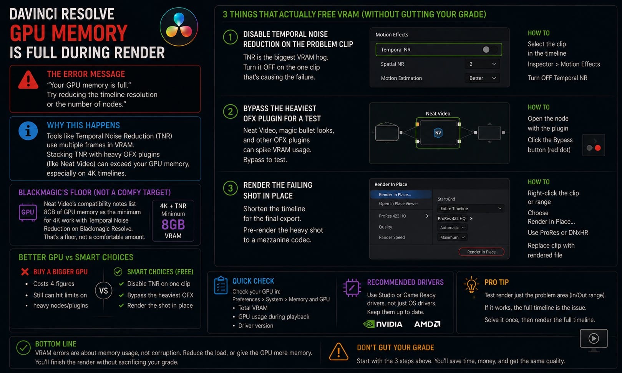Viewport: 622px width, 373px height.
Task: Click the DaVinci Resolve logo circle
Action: pyautogui.click(x=179, y=26)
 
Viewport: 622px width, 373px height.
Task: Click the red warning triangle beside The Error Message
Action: pyautogui.click(x=28, y=80)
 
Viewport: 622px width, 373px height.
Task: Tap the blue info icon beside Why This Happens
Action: pyautogui.click(x=28, y=131)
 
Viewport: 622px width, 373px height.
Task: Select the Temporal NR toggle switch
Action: pyautogui.click(x=489, y=50)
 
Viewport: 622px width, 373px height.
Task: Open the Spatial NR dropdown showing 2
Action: pyautogui.click(x=482, y=64)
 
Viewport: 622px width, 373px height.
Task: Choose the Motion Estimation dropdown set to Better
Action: pyautogui.click(x=482, y=78)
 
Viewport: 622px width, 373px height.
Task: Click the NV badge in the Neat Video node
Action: pyautogui.click(x=438, y=133)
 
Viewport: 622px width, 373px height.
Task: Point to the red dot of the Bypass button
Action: pyautogui.click(x=598, y=148)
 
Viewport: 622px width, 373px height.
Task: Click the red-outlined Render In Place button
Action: pyautogui.click(x=481, y=252)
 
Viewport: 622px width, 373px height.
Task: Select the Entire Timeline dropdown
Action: pyautogui.click(x=470, y=208)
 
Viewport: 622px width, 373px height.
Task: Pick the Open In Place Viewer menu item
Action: pyautogui.click(x=398, y=203)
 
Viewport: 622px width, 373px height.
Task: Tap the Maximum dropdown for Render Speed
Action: pyautogui.click(x=452, y=238)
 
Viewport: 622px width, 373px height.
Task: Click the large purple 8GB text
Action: pyautogui.click(x=173, y=224)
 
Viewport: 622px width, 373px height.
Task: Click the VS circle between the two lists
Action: pyautogui.click(x=104, y=290)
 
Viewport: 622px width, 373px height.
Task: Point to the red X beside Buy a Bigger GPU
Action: pyautogui.click(x=25, y=272)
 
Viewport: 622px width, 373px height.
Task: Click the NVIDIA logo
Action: pyautogui.click(x=383, y=324)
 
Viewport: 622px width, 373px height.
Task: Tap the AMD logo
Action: pyautogui.click(x=427, y=324)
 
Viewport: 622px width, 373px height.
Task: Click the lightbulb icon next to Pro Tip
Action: pyautogui.click(x=471, y=285)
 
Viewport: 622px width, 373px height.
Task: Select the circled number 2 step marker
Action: pyautogui.click(x=230, y=112)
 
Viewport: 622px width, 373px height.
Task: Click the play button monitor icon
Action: pyautogui.click(x=594, y=340)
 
